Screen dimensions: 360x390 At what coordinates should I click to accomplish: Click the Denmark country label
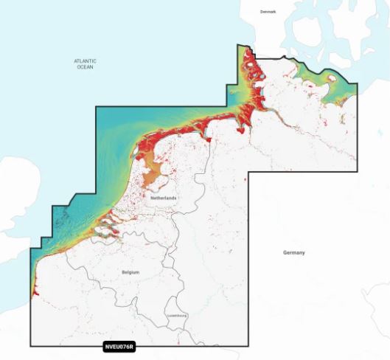pyautogui.click(x=268, y=13)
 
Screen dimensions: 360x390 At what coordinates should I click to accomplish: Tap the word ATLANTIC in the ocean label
pyautogui.click(x=85, y=60)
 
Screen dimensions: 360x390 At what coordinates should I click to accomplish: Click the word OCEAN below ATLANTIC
pyautogui.click(x=85, y=67)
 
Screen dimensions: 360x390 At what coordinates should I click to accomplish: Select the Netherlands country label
pyautogui.click(x=163, y=199)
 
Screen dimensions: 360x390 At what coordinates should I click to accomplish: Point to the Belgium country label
pyautogui.click(x=130, y=272)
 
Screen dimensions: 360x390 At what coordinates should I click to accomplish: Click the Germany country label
pyautogui.click(x=293, y=252)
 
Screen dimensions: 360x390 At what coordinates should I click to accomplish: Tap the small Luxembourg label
pyautogui.click(x=177, y=316)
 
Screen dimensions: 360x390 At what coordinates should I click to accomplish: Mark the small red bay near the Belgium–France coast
pyautogui.click(x=34, y=291)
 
